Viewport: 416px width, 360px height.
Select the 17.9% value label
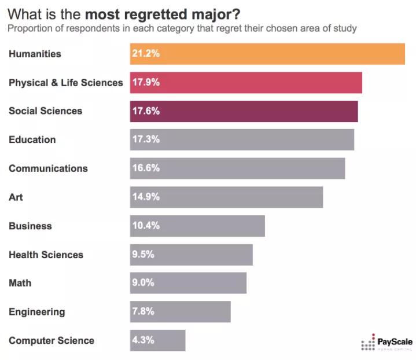point(146,82)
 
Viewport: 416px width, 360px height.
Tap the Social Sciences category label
point(46,111)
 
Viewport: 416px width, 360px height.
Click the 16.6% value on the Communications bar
point(146,168)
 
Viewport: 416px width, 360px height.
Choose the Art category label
point(16,197)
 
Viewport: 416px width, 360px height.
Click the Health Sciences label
point(46,255)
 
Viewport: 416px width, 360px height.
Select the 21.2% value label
point(146,54)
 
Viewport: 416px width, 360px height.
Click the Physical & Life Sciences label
point(66,82)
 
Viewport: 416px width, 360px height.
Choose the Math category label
point(20,283)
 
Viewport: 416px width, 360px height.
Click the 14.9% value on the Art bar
point(146,197)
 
